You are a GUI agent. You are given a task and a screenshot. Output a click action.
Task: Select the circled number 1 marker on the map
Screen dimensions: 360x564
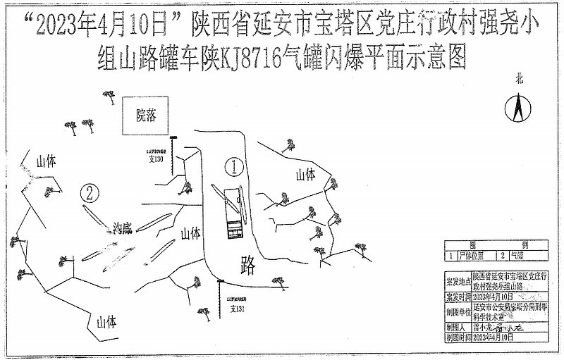(x=233, y=166)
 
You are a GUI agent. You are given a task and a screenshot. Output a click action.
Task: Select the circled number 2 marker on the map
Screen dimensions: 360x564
(x=89, y=192)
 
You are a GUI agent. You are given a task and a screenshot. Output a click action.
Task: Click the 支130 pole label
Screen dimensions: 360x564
(x=155, y=160)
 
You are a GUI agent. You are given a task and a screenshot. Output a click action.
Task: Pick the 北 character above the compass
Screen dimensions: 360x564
(x=519, y=80)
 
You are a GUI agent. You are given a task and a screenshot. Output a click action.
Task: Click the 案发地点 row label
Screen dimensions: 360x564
(x=458, y=282)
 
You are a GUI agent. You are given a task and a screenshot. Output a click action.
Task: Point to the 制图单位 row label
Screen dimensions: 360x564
(x=458, y=311)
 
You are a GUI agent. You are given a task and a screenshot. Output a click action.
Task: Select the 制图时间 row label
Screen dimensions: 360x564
(x=458, y=338)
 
